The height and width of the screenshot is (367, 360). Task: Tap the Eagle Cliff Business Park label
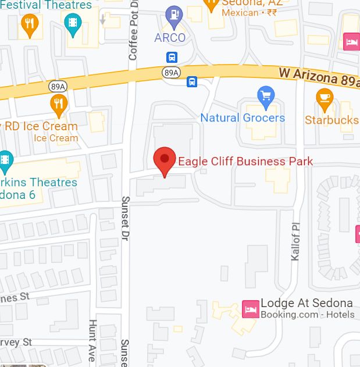(x=245, y=161)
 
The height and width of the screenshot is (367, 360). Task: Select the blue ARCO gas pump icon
(x=173, y=15)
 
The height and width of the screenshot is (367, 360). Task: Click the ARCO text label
(x=170, y=38)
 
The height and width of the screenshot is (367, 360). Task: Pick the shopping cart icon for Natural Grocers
(x=266, y=95)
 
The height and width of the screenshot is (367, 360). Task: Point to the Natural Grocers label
(x=243, y=117)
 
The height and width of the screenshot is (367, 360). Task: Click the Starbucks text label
(x=332, y=120)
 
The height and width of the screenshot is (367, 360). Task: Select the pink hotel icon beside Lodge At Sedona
(x=250, y=309)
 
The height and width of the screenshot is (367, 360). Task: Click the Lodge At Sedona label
(x=306, y=303)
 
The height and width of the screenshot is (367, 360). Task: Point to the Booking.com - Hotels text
(x=307, y=315)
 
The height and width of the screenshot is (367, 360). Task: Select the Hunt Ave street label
(x=92, y=340)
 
